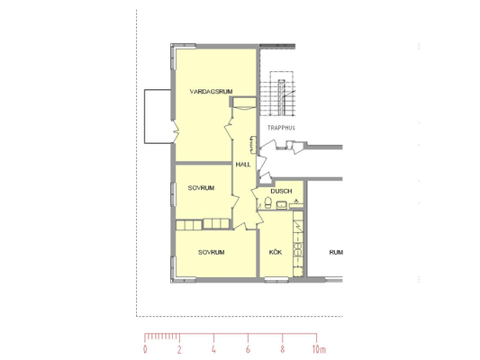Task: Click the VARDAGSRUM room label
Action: [x=211, y=92]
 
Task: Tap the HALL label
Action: [x=243, y=165]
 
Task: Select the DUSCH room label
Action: [x=281, y=191]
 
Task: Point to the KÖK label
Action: [x=276, y=252]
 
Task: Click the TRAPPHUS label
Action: [x=281, y=128]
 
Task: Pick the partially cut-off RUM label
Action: [x=336, y=253]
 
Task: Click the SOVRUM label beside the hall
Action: [x=201, y=188]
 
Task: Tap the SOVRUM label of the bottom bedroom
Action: [x=212, y=252]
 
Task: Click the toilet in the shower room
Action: [x=268, y=202]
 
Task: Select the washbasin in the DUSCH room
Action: [x=281, y=205]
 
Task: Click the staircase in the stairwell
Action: [x=278, y=94]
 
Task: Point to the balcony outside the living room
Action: [x=158, y=116]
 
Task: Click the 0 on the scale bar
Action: [x=145, y=349]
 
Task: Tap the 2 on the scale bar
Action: [x=179, y=349]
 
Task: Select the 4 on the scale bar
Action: [x=213, y=349]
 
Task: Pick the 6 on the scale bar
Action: [x=248, y=349]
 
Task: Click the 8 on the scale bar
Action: [x=282, y=349]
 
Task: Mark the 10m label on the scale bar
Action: [x=319, y=349]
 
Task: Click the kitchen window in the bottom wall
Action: [x=276, y=279]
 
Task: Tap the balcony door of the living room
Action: [x=175, y=131]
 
